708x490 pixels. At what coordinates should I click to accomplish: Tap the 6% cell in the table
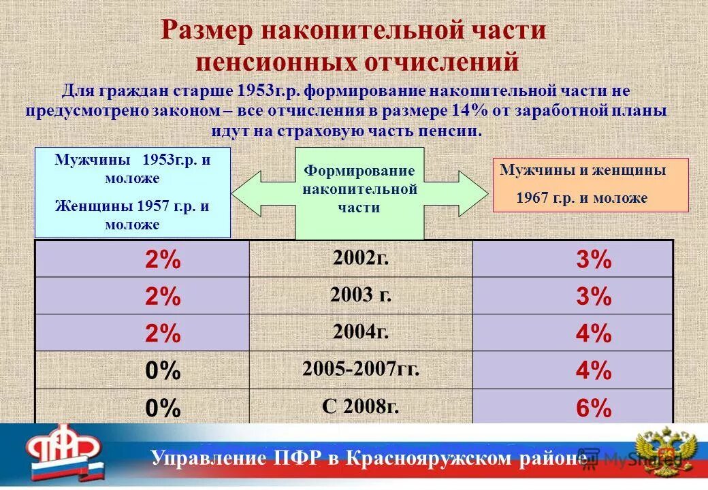coord(593,408)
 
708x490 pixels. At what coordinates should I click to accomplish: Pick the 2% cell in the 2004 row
coord(163,333)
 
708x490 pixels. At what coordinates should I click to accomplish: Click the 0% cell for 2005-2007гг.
coord(163,370)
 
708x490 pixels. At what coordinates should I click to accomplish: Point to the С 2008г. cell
coord(361,407)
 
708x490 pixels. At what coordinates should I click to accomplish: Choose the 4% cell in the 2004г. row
coord(593,333)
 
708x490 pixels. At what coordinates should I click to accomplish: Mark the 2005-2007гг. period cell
coord(361,370)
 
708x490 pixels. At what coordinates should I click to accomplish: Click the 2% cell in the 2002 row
coord(163,259)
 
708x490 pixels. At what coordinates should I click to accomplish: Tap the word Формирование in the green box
coord(359,170)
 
